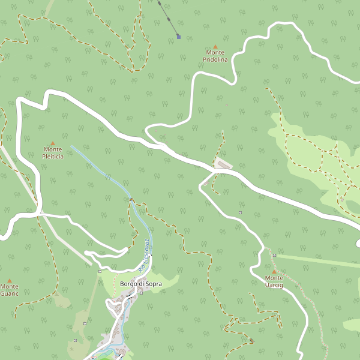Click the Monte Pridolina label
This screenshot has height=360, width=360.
pos(215,56)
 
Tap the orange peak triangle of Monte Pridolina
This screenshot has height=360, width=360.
pos(215,46)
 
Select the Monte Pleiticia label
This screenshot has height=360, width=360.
pos(53,152)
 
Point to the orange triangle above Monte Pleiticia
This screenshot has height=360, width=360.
pos(52,143)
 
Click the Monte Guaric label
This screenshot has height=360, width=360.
pos(10,290)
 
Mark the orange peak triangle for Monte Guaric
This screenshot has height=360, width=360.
pos(10,280)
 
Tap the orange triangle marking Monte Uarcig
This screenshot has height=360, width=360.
pos(274,271)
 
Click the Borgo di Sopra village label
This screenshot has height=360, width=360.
pos(141,284)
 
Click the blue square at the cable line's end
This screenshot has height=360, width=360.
pos(179,37)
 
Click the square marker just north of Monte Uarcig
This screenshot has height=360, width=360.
pos(274,256)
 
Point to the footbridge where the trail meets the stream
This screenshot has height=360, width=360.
pos(131,199)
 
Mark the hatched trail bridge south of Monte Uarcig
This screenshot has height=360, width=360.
pos(251,341)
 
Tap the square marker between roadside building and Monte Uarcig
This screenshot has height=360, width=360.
pos(240,212)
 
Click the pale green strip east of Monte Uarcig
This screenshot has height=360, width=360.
pos(318,260)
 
